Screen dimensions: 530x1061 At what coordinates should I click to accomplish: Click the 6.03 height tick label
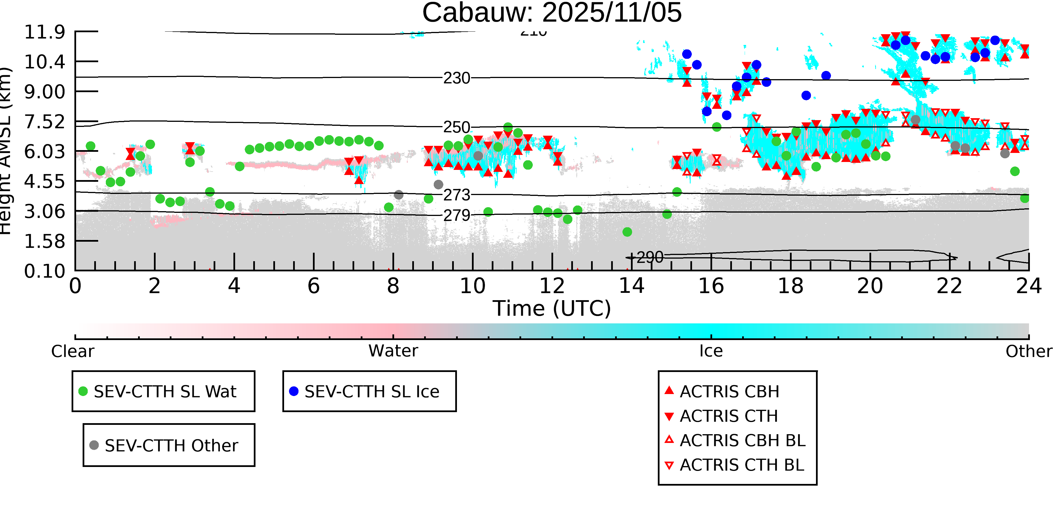tap(44, 152)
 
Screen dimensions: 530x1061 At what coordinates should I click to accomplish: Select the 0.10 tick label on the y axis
tap(44, 271)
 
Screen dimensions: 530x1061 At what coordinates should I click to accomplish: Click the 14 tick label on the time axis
tap(632, 286)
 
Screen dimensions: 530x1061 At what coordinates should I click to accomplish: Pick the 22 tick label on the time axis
tap(949, 286)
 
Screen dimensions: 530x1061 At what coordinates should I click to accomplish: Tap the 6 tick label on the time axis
tap(313, 286)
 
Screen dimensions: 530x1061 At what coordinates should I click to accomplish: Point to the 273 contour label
tap(456, 195)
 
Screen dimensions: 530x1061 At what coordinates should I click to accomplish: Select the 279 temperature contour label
tap(456, 215)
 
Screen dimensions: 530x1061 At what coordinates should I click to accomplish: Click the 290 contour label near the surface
tap(650, 258)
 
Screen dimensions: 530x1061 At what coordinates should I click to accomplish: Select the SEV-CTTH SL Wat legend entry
tap(165, 391)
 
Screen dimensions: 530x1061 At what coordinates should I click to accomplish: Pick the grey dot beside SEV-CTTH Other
tap(94, 445)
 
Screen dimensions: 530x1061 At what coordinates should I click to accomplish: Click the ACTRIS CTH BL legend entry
tap(741, 465)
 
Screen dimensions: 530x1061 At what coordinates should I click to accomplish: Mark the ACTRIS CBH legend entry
tap(729, 391)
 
